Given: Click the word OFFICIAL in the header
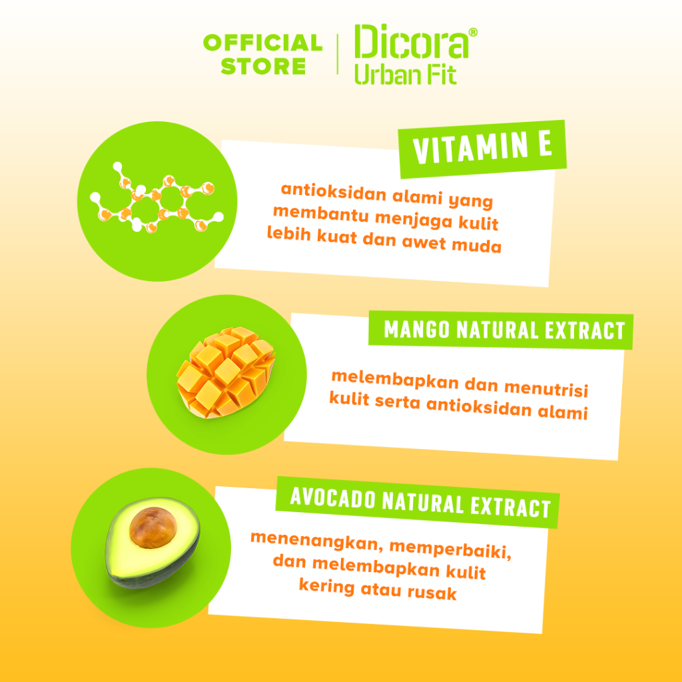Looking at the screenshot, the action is (x=262, y=43).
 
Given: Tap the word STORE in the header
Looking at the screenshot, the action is (x=263, y=66).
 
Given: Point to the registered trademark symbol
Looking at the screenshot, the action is (x=474, y=32).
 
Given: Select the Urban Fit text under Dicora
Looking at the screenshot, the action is (x=406, y=74).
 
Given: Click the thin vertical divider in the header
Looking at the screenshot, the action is (x=338, y=54).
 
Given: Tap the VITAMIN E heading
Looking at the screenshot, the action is (x=482, y=148).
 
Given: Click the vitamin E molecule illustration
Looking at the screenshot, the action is (x=157, y=198).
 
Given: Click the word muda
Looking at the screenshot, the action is (x=477, y=246).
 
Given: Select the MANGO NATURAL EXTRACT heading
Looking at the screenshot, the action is (x=504, y=330).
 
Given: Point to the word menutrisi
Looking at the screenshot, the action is (x=546, y=389).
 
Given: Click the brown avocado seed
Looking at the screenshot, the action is (x=153, y=527).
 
